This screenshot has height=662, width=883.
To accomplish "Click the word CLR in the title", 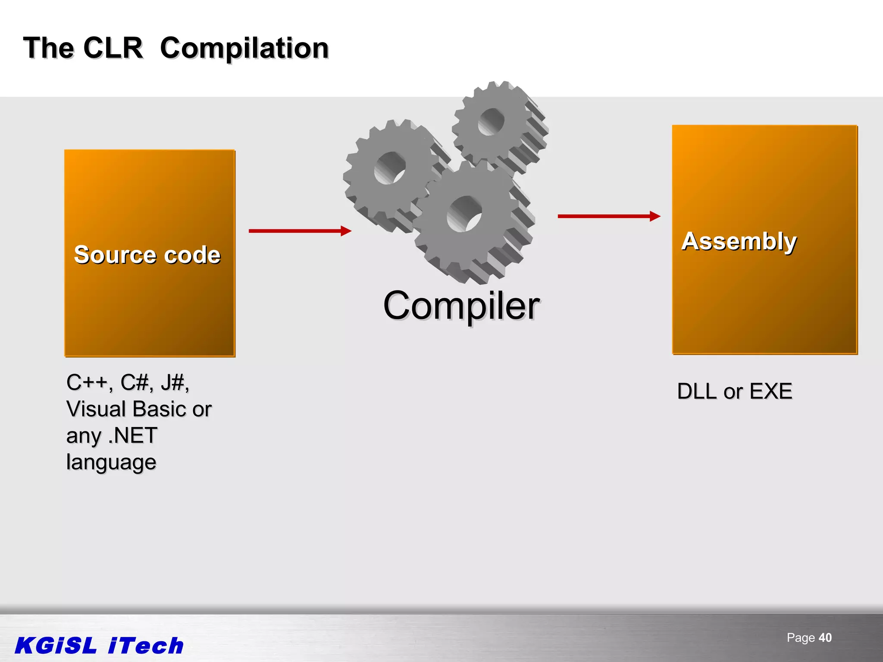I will point(113,48).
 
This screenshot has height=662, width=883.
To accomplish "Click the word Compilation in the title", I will point(244,48).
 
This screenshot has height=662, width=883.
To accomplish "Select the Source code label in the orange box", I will point(147,254).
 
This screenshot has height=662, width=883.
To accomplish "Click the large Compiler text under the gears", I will point(461,306).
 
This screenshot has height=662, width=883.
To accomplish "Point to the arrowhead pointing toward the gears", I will point(346,231).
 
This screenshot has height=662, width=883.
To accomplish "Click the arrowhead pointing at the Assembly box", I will point(655,216).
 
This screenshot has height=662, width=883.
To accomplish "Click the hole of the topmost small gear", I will point(491,122).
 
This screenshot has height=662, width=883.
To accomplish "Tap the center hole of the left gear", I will point(390,168).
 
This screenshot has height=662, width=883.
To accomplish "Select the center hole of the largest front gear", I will point(464,214).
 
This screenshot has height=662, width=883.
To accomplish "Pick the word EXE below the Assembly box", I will point(770,391).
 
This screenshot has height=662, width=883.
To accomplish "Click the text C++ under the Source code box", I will point(88,382).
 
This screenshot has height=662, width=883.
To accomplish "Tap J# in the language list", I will point(174,382).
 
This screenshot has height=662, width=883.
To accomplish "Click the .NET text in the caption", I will point(132,436).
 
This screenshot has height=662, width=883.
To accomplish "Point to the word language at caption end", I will point(111,462).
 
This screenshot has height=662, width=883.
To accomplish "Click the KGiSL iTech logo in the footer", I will point(99,646).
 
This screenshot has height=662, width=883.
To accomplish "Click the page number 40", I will point(825,637).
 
